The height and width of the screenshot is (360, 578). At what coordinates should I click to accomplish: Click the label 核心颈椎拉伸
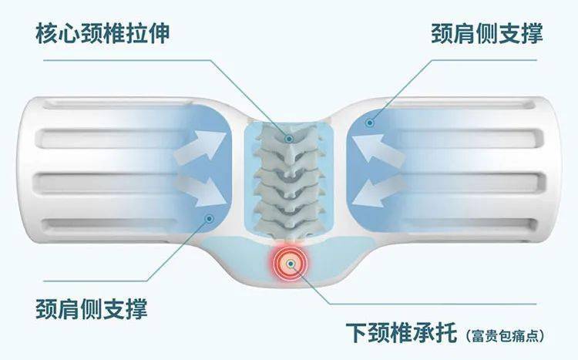[102, 33]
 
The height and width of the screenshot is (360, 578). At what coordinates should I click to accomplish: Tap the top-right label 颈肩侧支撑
[486, 33]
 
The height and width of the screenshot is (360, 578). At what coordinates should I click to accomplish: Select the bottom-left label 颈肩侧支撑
[92, 308]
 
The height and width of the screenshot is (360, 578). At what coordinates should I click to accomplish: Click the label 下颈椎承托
[402, 332]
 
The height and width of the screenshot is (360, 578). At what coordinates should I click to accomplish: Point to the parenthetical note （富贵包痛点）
[504, 335]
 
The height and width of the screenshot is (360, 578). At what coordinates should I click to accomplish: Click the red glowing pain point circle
[291, 264]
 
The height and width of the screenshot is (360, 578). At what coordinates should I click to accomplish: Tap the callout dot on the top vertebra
[289, 139]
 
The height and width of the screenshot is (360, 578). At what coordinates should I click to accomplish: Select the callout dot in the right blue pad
[370, 123]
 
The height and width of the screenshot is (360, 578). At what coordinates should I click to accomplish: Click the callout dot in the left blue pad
[210, 219]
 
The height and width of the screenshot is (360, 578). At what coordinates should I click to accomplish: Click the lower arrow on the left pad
[201, 191]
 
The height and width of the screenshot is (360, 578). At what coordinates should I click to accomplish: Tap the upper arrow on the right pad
[378, 150]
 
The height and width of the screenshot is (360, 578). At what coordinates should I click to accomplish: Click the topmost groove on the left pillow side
[118, 103]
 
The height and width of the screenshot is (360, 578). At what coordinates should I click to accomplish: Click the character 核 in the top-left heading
[47, 33]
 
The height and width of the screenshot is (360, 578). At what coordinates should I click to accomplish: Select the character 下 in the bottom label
[357, 332]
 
